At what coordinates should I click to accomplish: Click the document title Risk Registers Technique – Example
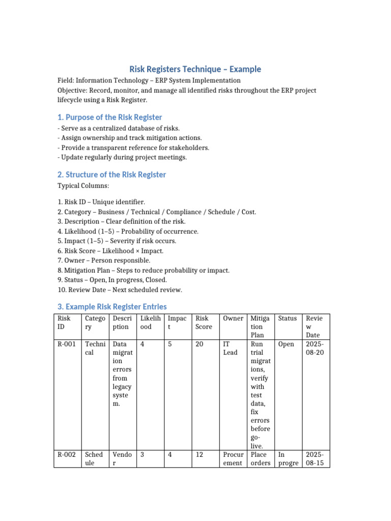click(x=195, y=69)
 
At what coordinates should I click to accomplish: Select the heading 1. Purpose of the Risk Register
click(x=109, y=117)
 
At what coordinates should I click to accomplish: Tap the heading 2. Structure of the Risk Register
click(x=111, y=175)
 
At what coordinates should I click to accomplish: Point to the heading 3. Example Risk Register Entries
click(x=112, y=306)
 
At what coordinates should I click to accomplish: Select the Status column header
click(x=287, y=318)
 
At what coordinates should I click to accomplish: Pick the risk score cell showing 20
click(x=199, y=344)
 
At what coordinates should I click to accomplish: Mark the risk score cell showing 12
click(x=199, y=454)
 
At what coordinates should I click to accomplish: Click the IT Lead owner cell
click(x=230, y=348)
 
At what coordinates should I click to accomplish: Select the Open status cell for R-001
click(x=286, y=344)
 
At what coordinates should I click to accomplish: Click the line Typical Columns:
click(x=83, y=186)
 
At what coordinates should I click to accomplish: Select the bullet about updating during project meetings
click(x=122, y=157)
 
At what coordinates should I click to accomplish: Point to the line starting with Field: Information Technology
click(x=149, y=80)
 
